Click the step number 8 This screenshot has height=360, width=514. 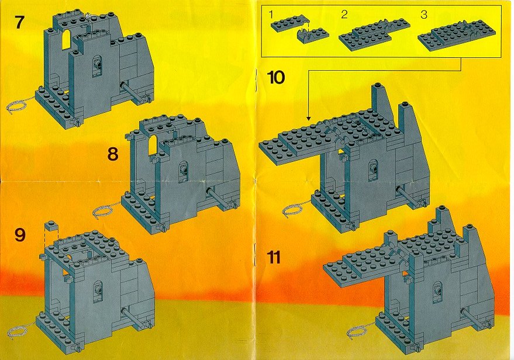point(113,154)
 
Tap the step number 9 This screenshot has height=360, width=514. point(20,235)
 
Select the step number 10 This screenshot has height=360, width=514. point(276,78)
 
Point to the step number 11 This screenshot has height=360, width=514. point(274,257)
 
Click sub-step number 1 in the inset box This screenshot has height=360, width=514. point(270,14)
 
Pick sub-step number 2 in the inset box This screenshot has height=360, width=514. point(344,15)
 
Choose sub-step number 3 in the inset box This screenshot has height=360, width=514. point(424,15)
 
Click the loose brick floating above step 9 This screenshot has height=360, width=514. point(51,226)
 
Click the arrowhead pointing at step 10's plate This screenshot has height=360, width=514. point(308,118)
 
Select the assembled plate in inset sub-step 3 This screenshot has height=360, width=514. point(457,37)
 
